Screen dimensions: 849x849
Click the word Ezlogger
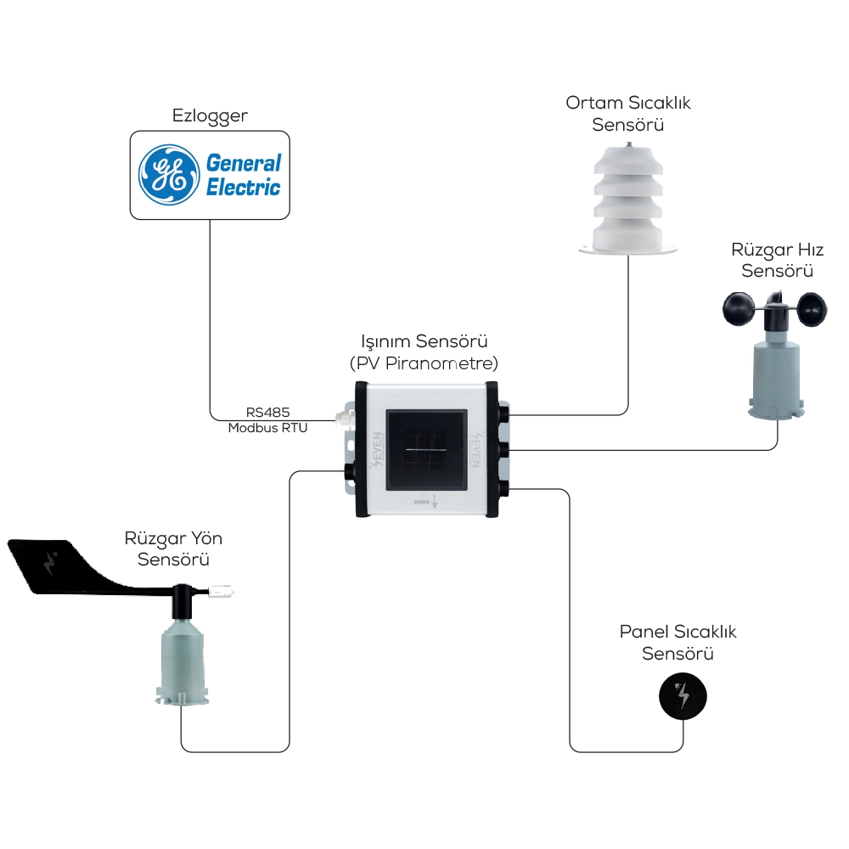(210, 115)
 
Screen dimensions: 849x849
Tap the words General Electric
(243, 174)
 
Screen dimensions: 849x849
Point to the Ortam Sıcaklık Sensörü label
(628, 114)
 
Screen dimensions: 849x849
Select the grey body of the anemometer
(776, 374)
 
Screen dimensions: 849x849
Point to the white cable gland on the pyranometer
(343, 419)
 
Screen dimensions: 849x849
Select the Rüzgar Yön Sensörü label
(173, 549)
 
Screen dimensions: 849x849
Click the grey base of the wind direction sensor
(181, 662)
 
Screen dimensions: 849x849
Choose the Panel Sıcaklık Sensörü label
(678, 643)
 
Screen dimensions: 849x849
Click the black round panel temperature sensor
(683, 697)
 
